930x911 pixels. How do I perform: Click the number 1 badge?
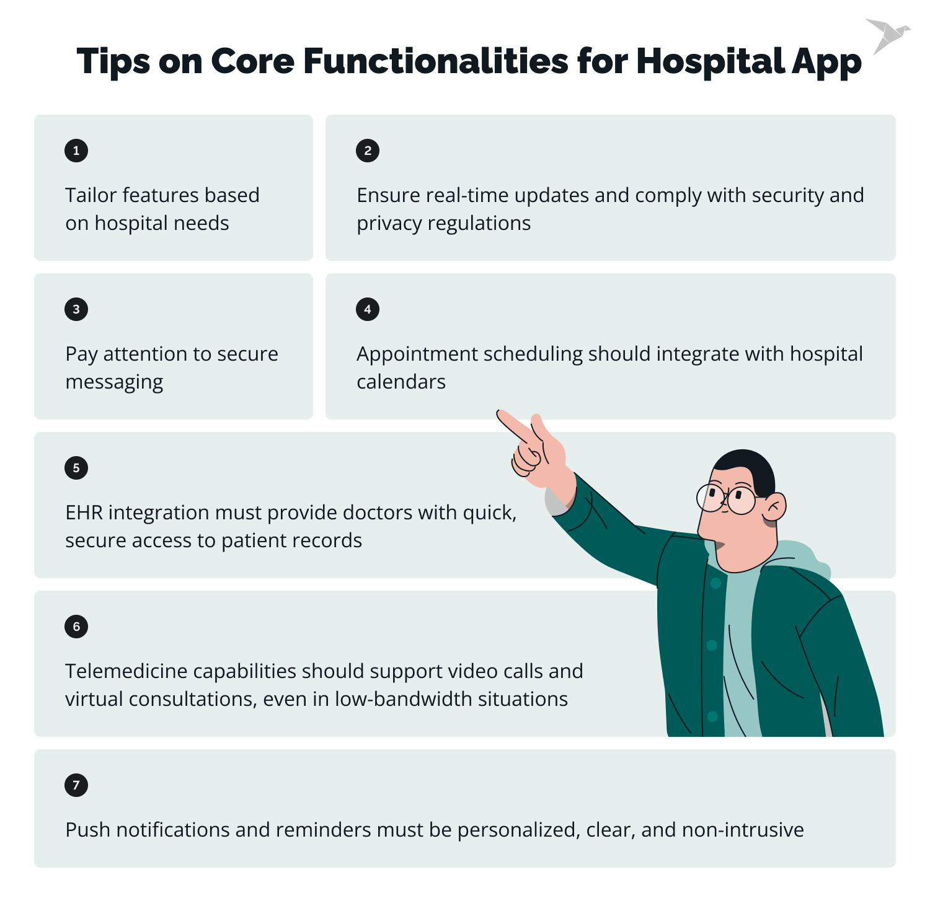coord(76,151)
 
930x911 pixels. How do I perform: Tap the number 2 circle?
coord(368,151)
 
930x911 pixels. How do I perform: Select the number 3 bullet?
coord(76,309)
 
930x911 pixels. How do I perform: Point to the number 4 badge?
coord(368,309)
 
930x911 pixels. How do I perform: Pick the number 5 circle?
coord(76,468)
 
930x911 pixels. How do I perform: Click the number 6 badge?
coord(76,627)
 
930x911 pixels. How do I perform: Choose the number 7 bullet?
coord(76,785)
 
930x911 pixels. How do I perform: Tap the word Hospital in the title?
coord(711,61)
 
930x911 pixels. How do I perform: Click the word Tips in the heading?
coord(113,61)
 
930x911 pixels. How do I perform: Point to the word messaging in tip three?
coord(114,382)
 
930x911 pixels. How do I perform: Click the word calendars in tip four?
coord(401,382)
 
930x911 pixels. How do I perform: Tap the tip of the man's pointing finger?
coord(500,413)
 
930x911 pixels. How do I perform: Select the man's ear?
coord(774,507)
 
